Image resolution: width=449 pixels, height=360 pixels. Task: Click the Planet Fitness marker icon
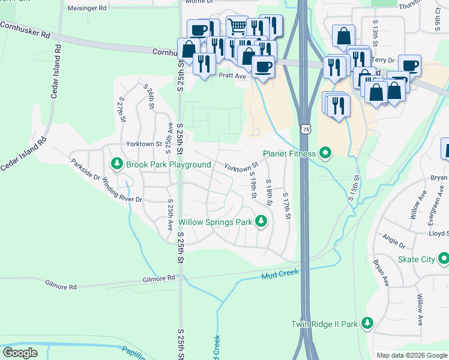click(x=325, y=154)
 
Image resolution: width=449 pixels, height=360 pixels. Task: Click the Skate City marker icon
click(x=444, y=259)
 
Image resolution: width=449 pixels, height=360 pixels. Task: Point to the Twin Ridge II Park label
click(x=324, y=324)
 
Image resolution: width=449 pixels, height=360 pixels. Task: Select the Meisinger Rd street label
click(x=87, y=8)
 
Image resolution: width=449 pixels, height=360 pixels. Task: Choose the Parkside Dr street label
click(x=85, y=168)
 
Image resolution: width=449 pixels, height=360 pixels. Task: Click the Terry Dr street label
click(x=382, y=61)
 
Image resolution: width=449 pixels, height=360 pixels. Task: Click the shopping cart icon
click(x=238, y=26)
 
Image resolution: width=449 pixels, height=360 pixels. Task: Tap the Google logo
click(x=20, y=352)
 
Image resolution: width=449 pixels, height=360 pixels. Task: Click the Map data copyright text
click(x=411, y=355)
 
